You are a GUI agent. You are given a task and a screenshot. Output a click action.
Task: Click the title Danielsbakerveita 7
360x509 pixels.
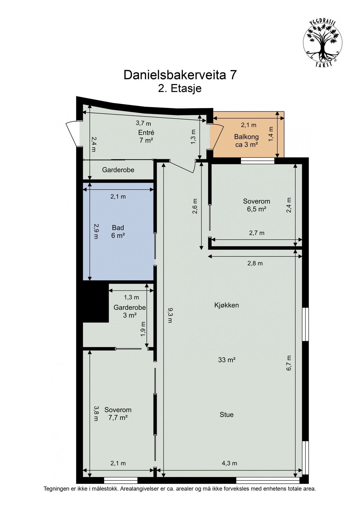(x=180, y=75)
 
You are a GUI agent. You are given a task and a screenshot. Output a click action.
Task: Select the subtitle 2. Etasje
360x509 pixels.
(x=180, y=88)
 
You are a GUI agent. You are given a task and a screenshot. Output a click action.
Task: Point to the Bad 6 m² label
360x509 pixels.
(x=118, y=231)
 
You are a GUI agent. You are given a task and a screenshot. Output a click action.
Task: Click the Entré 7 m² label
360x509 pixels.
(x=146, y=136)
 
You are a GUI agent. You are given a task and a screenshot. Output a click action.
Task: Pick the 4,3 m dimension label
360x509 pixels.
(x=229, y=463)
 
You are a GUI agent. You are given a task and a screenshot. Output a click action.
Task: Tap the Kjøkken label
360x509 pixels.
(x=227, y=305)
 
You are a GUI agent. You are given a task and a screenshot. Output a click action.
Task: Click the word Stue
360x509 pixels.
(x=227, y=415)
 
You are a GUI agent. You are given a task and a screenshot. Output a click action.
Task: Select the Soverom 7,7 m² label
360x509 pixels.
(x=118, y=413)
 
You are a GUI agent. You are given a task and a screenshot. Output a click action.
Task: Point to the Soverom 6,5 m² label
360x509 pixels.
(x=256, y=205)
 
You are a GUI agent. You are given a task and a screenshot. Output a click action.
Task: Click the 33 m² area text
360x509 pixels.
(x=227, y=360)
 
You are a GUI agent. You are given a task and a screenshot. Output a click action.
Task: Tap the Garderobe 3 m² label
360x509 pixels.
(x=130, y=311)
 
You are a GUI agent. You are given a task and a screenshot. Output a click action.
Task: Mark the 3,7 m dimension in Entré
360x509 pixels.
(x=143, y=123)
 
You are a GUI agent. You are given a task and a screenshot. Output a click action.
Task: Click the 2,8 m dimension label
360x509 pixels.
(x=255, y=263)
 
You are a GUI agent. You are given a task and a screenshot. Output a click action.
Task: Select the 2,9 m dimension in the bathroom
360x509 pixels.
(x=96, y=231)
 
